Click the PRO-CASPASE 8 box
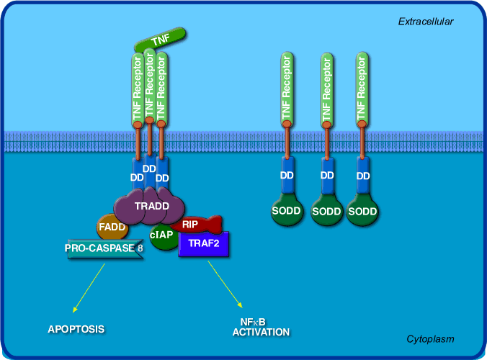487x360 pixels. point(104,250)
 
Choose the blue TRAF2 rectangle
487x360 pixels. point(204,244)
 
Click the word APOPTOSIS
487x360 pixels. point(76,329)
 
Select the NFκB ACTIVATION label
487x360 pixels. point(260,328)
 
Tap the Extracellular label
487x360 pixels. point(426,22)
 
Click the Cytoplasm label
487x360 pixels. point(430,338)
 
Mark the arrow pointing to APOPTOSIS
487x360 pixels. point(89,287)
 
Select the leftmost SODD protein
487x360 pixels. point(287,210)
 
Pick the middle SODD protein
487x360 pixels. point(327,211)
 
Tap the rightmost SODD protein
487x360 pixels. point(363,211)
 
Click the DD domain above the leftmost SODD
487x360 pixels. point(287,176)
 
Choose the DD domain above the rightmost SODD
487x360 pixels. point(363,176)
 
